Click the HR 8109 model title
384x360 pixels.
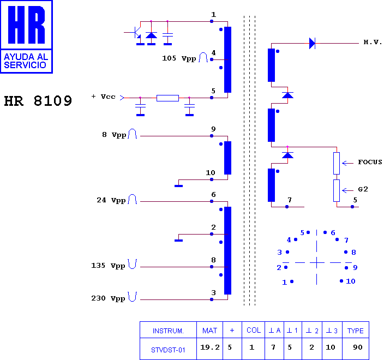pyautogui.click(x=38, y=101)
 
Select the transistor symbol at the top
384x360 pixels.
pyautogui.click(x=135, y=33)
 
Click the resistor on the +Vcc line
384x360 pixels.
pyautogui.click(x=167, y=98)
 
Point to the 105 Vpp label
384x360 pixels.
pyautogui.click(x=179, y=58)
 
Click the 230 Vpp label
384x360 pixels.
pyautogui.click(x=108, y=298)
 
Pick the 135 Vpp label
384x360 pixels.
pyautogui.click(x=108, y=266)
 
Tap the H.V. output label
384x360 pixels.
pyautogui.click(x=373, y=42)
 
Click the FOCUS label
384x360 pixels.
pyautogui.click(x=370, y=162)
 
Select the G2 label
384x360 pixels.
pyautogui.click(x=363, y=189)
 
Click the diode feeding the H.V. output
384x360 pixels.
pyautogui.click(x=312, y=43)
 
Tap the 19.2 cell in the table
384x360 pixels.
pyautogui.click(x=210, y=347)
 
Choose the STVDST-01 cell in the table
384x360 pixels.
pyautogui.click(x=168, y=350)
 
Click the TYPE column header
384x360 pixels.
pyautogui.click(x=355, y=331)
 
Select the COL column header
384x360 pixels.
pyautogui.click(x=254, y=331)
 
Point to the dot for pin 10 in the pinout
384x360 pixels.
pyautogui.click(x=341, y=281)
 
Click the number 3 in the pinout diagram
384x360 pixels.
pyautogui.click(x=279, y=253)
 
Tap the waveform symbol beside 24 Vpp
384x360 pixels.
pyautogui.click(x=133, y=199)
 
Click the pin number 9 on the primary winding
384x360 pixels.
pyautogui.click(x=213, y=129)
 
